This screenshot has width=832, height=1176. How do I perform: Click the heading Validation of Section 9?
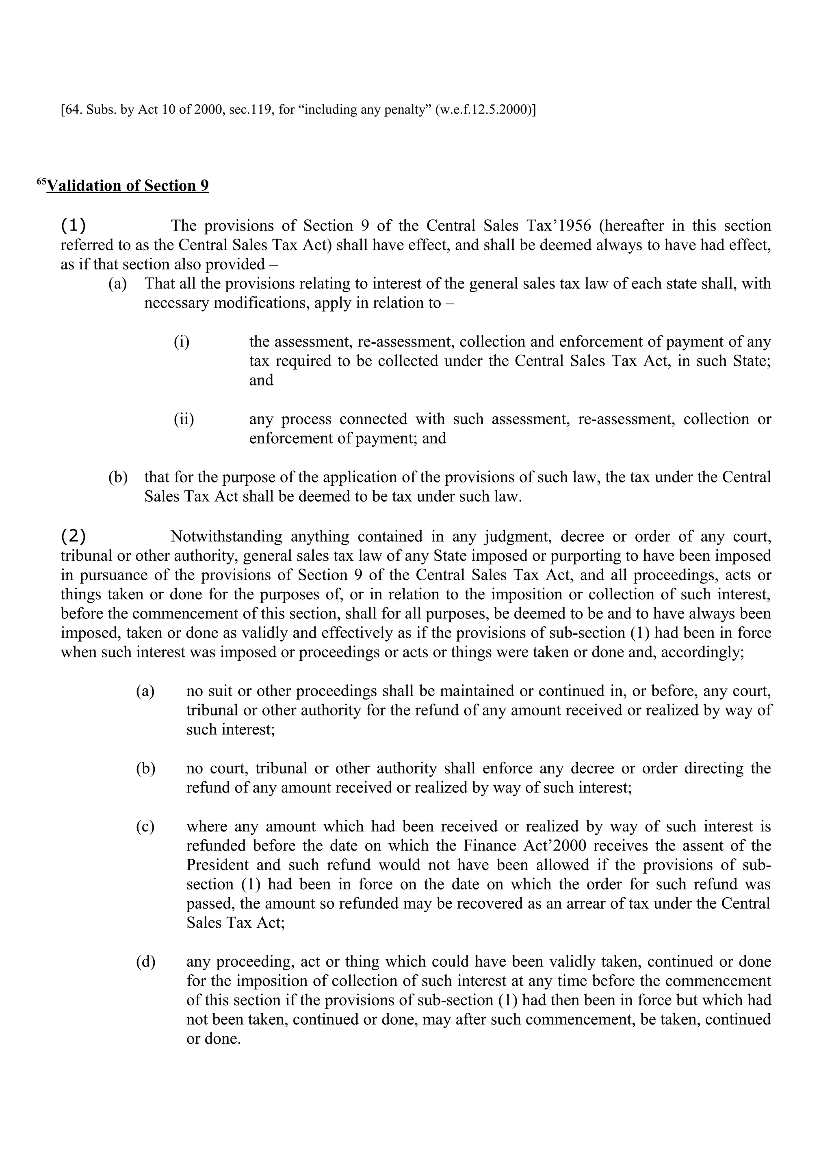tap(128, 185)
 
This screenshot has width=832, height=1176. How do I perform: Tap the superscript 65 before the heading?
tap(41, 181)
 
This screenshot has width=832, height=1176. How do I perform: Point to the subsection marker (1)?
tap(73, 225)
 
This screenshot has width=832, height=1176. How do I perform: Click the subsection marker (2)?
tap(73, 536)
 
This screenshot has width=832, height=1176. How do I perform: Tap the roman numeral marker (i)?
tap(182, 342)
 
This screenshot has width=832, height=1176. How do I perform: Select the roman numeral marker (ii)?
tap(184, 419)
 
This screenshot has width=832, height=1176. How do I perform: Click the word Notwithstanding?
tap(226, 536)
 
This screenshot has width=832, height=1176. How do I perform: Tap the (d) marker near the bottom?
tap(145, 961)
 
